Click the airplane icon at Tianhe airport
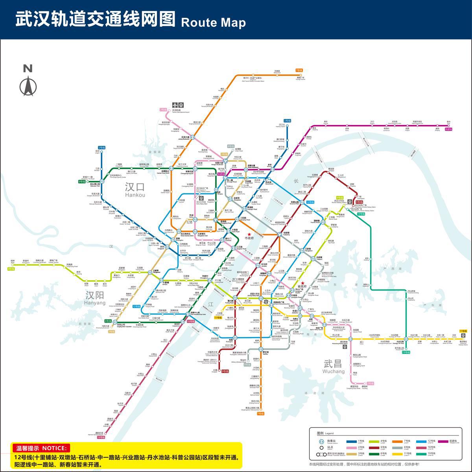tap(175, 105)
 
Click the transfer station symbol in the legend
tap(321, 441)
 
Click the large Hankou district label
tap(135, 187)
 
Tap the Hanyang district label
tap(95, 296)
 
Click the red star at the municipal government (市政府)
tap(249, 234)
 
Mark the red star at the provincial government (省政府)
tap(302, 283)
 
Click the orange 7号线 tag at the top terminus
tap(299, 70)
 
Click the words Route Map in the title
tap(213, 22)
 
